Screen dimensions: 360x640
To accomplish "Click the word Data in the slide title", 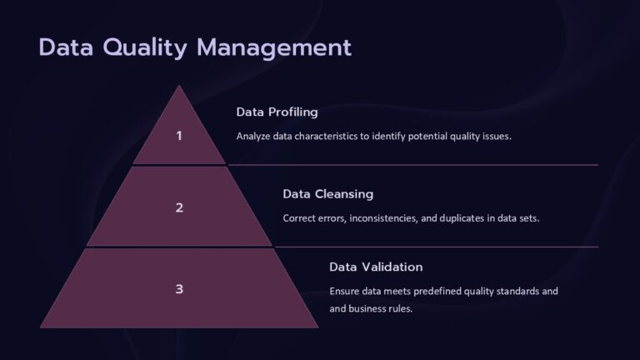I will (67, 47).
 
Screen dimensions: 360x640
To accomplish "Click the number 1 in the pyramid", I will (179, 136).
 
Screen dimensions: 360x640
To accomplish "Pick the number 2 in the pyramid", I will (179, 208).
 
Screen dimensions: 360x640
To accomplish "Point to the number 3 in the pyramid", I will (179, 289).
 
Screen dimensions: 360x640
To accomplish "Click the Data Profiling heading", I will (277, 112).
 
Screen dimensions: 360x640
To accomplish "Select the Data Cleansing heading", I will (327, 194).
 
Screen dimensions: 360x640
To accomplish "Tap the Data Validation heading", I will (376, 267).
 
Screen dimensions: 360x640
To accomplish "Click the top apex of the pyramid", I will (179, 87).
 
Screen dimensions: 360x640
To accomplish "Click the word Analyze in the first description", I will (254, 136).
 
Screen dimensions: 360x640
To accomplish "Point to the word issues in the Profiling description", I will (493, 136).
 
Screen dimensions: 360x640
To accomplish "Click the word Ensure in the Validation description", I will (346, 292).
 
